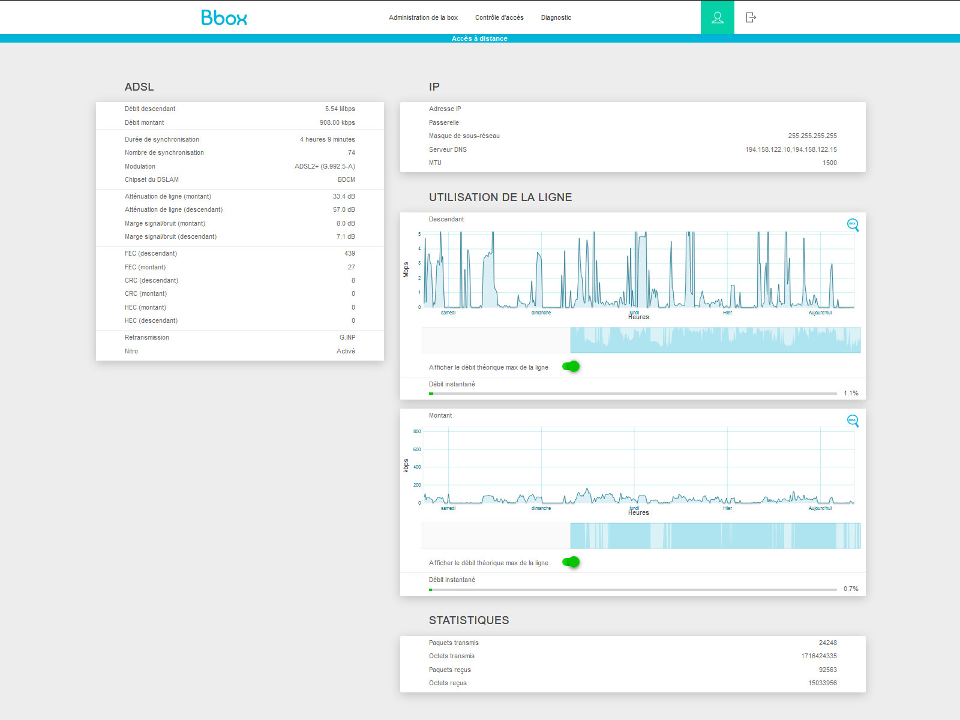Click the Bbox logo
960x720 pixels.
(x=224, y=17)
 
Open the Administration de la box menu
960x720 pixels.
(x=423, y=17)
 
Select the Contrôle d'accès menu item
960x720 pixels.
(x=499, y=17)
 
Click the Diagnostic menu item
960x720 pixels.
(x=556, y=17)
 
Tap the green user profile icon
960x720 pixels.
(x=717, y=17)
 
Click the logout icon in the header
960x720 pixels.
(x=751, y=17)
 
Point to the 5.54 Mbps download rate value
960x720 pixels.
(x=340, y=109)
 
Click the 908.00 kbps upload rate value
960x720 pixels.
(x=337, y=122)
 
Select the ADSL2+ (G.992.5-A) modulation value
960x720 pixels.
(x=325, y=166)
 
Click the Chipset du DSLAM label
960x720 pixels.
(x=151, y=179)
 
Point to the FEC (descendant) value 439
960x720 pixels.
(x=349, y=254)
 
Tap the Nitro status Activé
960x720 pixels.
(x=346, y=351)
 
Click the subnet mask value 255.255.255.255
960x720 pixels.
(x=812, y=136)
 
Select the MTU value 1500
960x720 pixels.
(x=830, y=163)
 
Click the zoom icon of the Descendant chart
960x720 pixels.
(x=853, y=225)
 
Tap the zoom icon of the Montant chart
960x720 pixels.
(x=853, y=421)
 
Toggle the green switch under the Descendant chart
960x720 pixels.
(x=571, y=367)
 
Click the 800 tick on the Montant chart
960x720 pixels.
(x=417, y=431)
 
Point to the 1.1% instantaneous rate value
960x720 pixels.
(x=851, y=394)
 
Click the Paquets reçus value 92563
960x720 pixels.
(x=827, y=670)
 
